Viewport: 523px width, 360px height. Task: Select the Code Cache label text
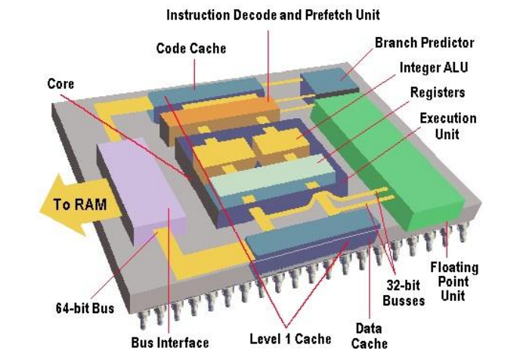tap(191, 48)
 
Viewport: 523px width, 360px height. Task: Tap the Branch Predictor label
tap(424, 43)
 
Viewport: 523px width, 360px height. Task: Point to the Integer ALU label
tap(434, 67)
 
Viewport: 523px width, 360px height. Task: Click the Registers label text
tap(437, 92)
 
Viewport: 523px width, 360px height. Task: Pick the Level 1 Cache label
tap(290, 338)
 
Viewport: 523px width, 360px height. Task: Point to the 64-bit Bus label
tap(85, 309)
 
